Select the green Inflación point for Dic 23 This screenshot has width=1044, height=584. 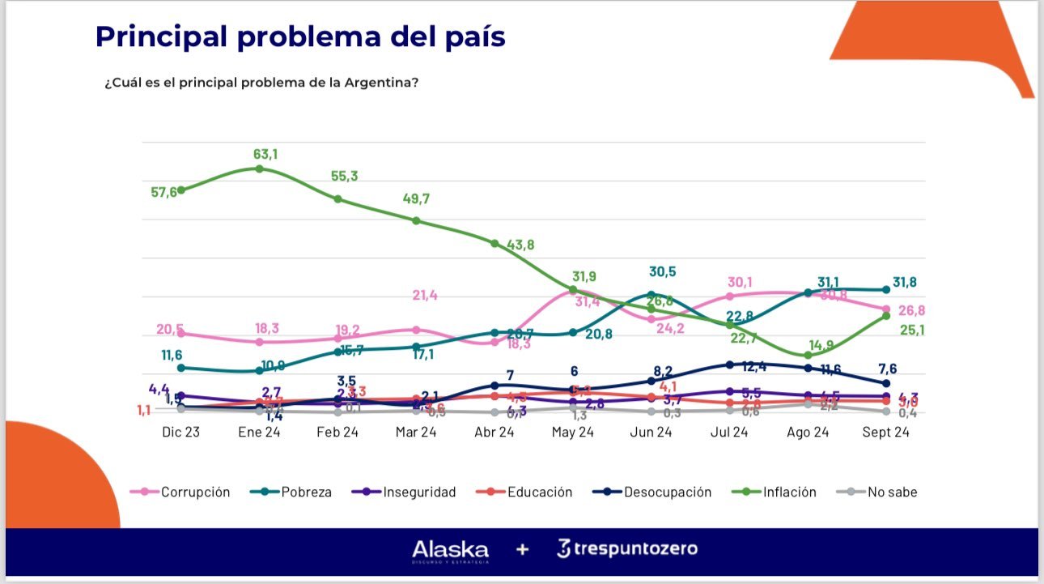tap(180, 190)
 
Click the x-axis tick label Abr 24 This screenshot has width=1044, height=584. tap(494, 433)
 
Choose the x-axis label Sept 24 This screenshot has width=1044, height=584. tap(886, 433)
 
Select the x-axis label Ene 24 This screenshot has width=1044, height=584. tap(259, 433)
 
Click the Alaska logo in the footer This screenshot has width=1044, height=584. tap(450, 550)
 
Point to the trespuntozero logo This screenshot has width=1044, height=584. tap(627, 549)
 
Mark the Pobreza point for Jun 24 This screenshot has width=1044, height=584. tap(651, 294)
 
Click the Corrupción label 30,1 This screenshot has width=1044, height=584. tap(740, 282)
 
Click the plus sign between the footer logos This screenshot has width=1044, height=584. tap(523, 550)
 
